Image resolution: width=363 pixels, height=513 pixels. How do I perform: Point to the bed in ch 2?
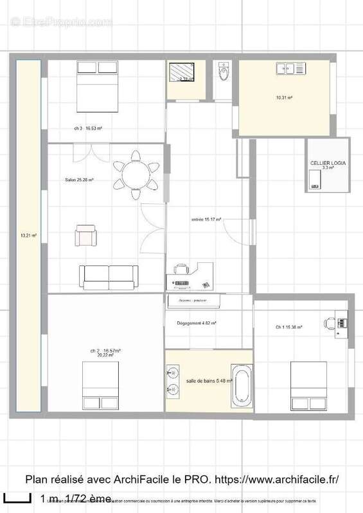point(100,386)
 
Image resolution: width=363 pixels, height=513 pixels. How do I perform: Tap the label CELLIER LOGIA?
point(328,164)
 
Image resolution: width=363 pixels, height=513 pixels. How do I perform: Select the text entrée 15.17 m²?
point(206,219)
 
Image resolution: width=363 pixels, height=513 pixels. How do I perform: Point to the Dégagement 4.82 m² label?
point(196,323)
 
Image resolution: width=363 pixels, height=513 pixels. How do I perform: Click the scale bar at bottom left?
point(17,498)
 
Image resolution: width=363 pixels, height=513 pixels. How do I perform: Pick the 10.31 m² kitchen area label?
point(284,98)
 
